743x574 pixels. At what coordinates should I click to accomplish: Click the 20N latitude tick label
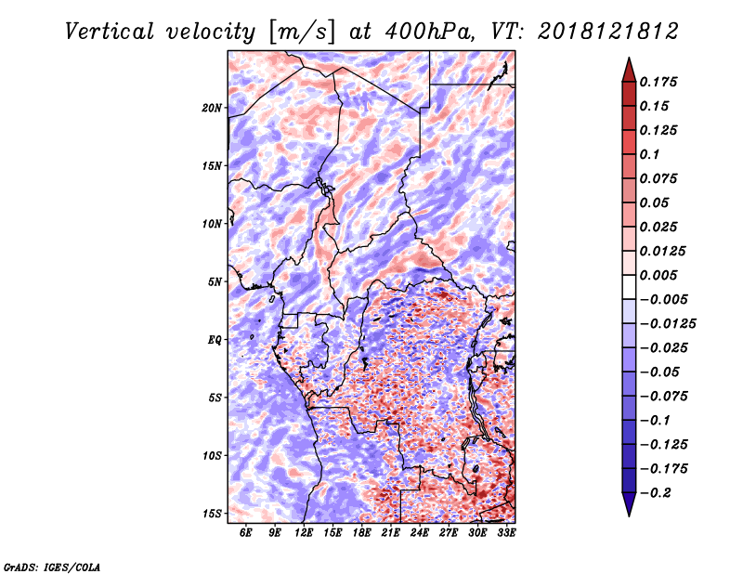coord(212,108)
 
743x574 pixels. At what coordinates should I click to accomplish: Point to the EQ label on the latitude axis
coord(215,340)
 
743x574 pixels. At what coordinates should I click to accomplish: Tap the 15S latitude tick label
coord(212,514)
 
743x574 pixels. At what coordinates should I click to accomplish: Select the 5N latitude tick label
coord(215,282)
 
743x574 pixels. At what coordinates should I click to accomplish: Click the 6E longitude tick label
coord(245,533)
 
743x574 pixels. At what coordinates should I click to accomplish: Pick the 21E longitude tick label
coord(390,533)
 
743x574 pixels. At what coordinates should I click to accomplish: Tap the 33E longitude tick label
coord(506,533)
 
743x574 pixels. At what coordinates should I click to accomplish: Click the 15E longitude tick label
coord(332,533)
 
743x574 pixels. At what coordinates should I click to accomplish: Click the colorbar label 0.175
coord(658,82)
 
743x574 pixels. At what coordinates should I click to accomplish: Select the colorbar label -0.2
coord(656,493)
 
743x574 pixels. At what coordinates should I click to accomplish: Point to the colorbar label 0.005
coord(658,275)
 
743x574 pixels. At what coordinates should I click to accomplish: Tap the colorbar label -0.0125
coord(668,324)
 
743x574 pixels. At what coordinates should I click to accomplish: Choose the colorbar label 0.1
coord(649,154)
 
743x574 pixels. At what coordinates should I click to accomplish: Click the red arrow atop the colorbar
coord(629,70)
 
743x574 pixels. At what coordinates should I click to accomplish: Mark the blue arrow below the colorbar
coord(629,504)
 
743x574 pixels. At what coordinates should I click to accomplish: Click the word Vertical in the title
coord(110,32)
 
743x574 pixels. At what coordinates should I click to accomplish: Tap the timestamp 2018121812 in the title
coord(608,32)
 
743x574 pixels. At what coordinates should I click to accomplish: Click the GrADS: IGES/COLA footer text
coord(52,567)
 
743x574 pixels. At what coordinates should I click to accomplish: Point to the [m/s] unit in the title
coord(301,33)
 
